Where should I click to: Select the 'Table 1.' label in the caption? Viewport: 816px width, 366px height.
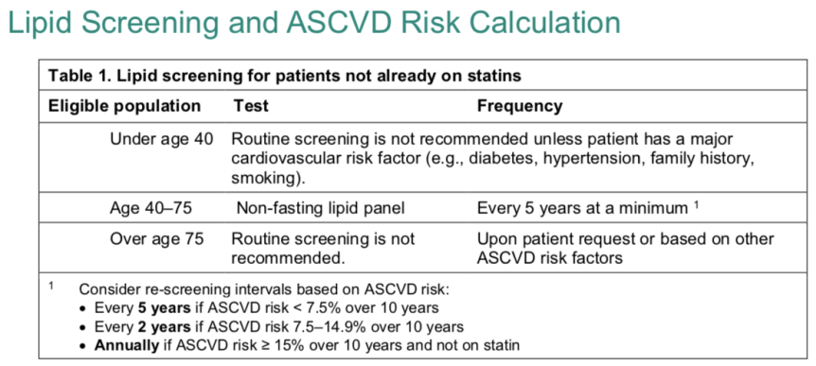pyautogui.click(x=73, y=76)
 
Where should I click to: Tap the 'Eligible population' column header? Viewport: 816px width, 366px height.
pyautogui.click(x=124, y=107)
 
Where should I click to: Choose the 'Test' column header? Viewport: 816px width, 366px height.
pyautogui.click(x=250, y=106)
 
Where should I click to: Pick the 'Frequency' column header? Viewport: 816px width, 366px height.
pyautogui.click(x=520, y=107)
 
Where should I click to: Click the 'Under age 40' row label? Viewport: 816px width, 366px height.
pyautogui.click(x=161, y=140)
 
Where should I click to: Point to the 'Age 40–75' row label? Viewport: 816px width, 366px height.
pyautogui.click(x=151, y=208)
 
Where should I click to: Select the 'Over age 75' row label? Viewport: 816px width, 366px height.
pyautogui.click(x=156, y=239)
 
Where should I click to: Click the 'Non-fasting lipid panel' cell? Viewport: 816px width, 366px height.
pyautogui.click(x=320, y=208)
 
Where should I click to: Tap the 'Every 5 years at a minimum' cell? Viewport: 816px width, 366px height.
pyautogui.click(x=582, y=208)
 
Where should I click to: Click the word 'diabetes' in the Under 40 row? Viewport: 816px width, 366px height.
pyautogui.click(x=502, y=160)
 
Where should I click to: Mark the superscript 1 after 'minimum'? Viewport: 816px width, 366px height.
pyautogui.click(x=696, y=205)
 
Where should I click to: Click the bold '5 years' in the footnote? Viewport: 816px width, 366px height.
pyautogui.click(x=164, y=307)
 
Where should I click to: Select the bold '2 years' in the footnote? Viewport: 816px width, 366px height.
pyautogui.click(x=164, y=327)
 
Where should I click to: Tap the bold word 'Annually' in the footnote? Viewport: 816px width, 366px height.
pyautogui.click(x=127, y=346)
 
